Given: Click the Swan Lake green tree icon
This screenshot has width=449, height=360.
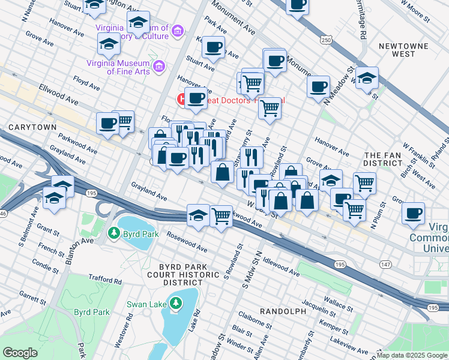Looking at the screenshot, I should pyautogui.click(x=175, y=304).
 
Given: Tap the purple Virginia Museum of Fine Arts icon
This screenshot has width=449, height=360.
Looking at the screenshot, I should pyautogui.click(x=159, y=65).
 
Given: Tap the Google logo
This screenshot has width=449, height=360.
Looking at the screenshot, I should pyautogui.click(x=21, y=352).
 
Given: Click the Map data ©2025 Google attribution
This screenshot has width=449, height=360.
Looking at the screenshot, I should pyautogui.click(x=412, y=355).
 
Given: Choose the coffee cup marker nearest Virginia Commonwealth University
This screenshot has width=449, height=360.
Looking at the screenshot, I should pyautogui.click(x=412, y=214).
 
